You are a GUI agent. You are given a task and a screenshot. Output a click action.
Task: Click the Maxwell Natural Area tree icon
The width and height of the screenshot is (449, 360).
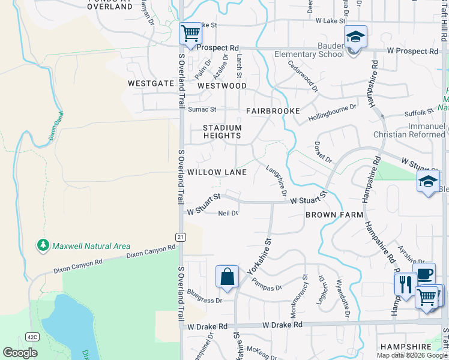coord(43,245)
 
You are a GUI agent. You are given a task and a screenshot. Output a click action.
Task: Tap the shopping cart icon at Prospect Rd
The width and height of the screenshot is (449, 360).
coord(190,33)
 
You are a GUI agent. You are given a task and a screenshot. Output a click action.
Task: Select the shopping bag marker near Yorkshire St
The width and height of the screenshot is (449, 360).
coord(228,277)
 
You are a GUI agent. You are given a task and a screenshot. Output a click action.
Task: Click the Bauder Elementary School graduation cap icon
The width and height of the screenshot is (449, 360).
coord(355,37)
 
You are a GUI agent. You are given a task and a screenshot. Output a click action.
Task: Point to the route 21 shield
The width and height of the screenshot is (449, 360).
coord(179,237)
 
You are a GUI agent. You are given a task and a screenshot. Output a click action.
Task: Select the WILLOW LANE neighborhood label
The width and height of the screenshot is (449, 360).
coord(217,172)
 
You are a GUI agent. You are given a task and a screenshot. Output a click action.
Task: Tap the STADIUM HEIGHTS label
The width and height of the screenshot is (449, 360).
coord(222,131)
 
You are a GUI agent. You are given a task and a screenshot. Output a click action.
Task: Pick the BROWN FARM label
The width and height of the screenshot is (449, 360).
coord(334,214)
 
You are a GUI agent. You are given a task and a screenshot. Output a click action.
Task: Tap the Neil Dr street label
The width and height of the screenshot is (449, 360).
coord(228,214)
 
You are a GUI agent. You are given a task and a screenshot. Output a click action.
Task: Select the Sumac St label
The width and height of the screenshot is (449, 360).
coord(202,109)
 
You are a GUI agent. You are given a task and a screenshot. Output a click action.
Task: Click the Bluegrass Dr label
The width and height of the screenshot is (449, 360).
coord(205,296)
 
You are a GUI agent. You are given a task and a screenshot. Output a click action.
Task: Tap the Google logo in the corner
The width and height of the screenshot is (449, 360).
coord(20,353)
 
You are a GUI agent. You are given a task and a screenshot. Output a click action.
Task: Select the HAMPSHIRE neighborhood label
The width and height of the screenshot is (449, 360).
coord(406,347)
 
